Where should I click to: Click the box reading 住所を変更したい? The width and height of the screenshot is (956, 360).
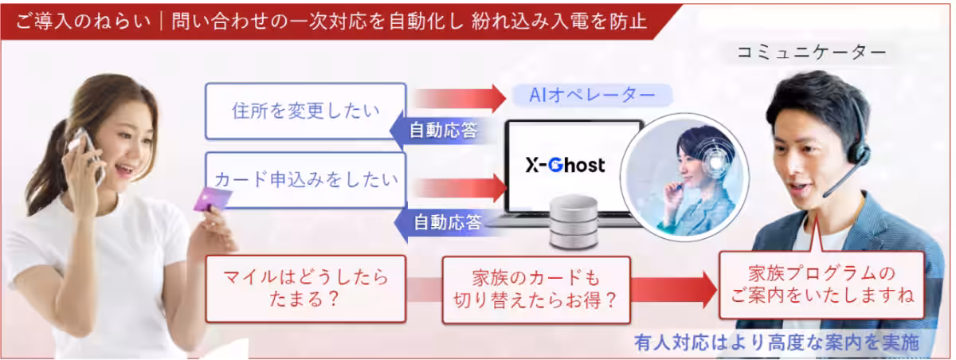tap(305, 111)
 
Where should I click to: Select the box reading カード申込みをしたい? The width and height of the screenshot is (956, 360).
tap(305, 180)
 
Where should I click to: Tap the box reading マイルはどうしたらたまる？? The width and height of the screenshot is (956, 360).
tap(305, 289)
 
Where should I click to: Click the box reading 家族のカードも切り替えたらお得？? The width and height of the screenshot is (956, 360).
tap(536, 290)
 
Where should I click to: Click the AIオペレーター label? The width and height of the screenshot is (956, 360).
tap(592, 95)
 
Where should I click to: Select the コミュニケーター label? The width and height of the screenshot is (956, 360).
tap(811, 53)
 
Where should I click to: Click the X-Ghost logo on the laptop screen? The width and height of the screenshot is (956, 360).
tap(565, 165)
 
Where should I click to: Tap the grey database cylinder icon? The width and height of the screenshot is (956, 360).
tap(573, 221)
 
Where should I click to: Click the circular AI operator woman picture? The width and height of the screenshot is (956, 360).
tap(684, 177)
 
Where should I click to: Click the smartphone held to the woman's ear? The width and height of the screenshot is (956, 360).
tap(88, 154)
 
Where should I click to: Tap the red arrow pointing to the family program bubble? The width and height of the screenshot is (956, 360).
tap(673, 290)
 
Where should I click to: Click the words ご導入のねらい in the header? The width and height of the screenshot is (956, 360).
tap(83, 21)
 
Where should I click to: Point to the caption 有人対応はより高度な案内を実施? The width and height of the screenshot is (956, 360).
tap(777, 342)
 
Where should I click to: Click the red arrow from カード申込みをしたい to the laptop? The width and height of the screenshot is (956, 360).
tap(460, 188)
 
